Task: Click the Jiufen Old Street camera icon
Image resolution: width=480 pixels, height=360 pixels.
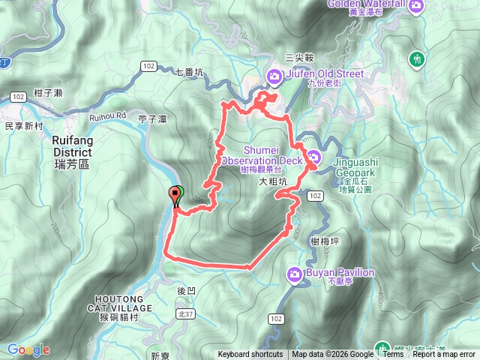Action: pyautogui.click(x=275, y=75)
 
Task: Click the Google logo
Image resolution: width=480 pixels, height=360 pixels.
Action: pyautogui.click(x=28, y=349)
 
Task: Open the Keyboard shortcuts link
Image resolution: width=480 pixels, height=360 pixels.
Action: pyautogui.click(x=250, y=355)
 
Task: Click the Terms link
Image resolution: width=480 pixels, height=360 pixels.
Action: pyautogui.click(x=393, y=355)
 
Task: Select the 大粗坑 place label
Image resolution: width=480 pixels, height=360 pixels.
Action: pyautogui.click(x=273, y=182)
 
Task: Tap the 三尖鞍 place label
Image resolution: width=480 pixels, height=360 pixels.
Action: pyautogui.click(x=299, y=58)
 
